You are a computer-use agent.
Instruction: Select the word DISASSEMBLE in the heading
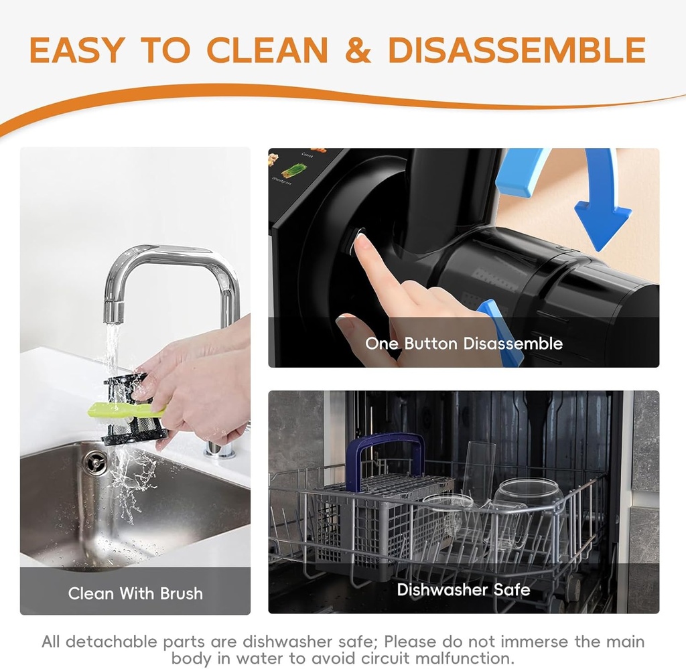coord(517,50)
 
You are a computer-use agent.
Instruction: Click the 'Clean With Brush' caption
coord(135,593)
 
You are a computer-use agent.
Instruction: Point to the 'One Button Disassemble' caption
coord(464,344)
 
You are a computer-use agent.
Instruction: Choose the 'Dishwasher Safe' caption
coord(464,589)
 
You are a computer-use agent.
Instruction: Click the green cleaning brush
coord(127,409)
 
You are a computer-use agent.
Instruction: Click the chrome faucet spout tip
coord(113,313)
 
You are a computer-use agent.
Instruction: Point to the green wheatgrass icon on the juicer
coord(294,171)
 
